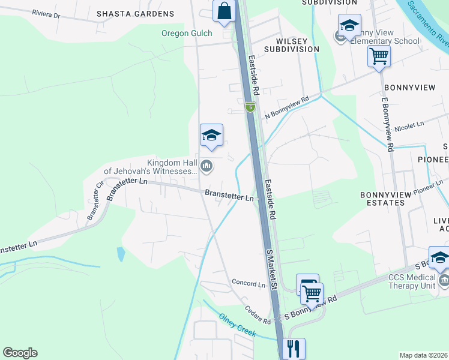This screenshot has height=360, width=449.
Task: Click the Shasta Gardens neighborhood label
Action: tap(135, 14)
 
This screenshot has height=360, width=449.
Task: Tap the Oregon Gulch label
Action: tap(183, 34)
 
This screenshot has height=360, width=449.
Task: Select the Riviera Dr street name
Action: tap(47, 13)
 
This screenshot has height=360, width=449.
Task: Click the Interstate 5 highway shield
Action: tap(250, 107)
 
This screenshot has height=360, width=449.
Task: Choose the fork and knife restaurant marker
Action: tap(294, 348)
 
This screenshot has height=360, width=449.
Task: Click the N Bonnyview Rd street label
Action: tap(286, 106)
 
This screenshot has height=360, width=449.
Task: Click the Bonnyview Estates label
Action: tap(382, 199)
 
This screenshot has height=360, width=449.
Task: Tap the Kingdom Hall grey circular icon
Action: tap(206, 166)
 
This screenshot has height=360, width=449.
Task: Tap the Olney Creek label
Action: tap(237, 326)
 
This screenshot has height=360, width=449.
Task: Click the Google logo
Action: tap(20, 353)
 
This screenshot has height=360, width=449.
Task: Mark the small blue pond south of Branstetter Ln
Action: tap(121, 254)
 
